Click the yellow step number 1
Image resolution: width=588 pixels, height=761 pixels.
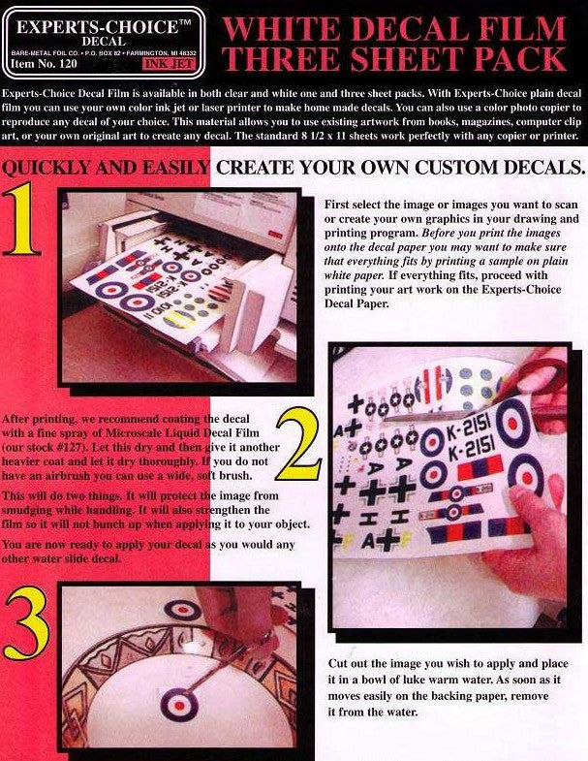coord(22,218)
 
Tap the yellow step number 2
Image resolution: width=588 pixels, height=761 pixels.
coord(298,444)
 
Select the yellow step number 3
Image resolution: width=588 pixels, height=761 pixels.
coord(27,622)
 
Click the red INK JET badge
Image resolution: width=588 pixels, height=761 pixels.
coord(170,64)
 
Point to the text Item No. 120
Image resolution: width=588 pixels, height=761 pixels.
coord(44,64)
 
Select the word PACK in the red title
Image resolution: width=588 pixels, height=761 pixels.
coord(519,58)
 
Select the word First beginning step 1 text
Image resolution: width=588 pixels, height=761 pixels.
coord(337,205)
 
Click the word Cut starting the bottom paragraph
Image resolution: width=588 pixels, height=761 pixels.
coord(338,663)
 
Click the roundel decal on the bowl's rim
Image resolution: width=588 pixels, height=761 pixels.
coord(182,610)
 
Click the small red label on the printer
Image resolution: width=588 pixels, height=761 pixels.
coord(276,235)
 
